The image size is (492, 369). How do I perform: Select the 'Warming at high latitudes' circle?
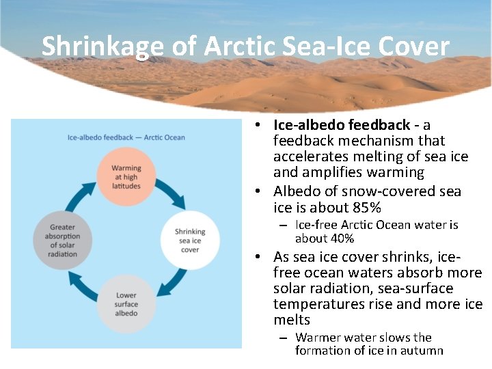tap(126, 177)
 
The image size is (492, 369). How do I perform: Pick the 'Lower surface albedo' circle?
tap(126, 304)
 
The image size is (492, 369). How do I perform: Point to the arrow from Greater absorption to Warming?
tap(79, 194)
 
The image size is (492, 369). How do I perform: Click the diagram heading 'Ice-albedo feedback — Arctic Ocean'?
tap(126, 137)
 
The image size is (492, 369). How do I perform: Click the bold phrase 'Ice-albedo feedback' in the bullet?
tap(342, 125)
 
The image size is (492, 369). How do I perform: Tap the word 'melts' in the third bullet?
tap(292, 320)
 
